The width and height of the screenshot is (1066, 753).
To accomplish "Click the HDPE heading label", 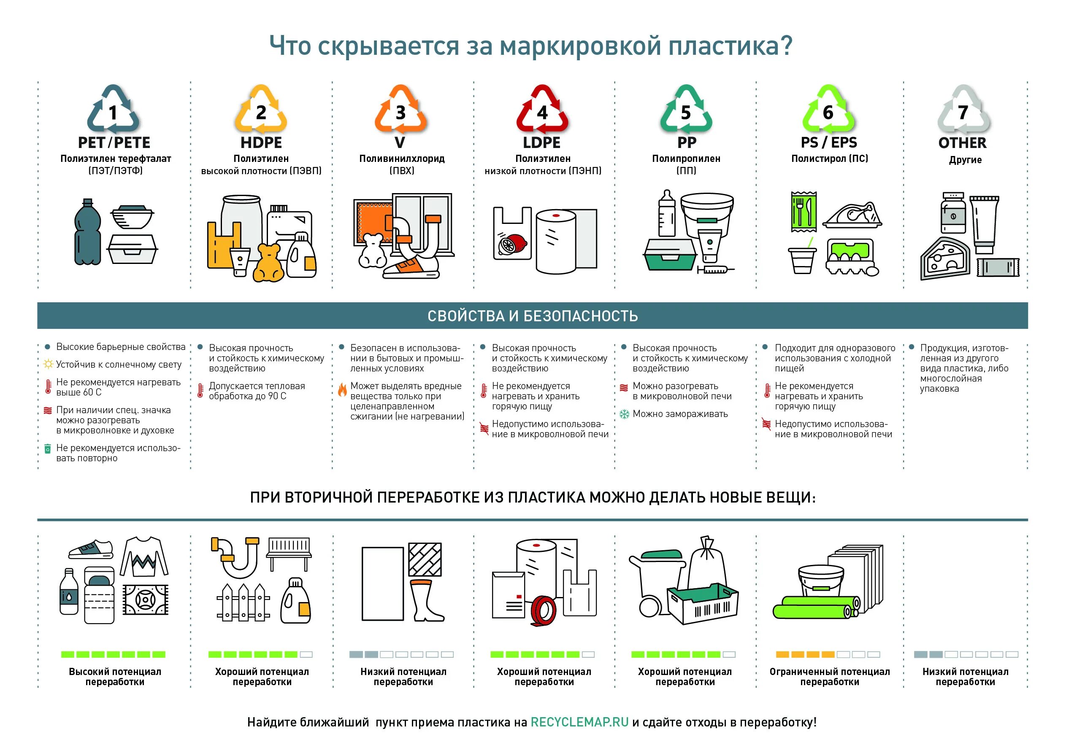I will coord(261,143).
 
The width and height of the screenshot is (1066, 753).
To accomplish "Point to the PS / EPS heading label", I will coord(829,143).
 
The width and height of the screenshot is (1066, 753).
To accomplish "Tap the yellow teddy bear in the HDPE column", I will coord(268,263).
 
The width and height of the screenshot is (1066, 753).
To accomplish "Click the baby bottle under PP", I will coord(667,214).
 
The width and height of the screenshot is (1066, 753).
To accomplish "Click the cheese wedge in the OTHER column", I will coord(945,259).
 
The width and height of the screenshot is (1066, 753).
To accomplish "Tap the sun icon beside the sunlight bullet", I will coord(48,365).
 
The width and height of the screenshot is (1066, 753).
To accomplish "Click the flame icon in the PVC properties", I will coord(342,390).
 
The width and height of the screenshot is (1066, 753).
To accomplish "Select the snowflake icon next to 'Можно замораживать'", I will coord(625,414).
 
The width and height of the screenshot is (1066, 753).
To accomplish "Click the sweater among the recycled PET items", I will coord(144,557).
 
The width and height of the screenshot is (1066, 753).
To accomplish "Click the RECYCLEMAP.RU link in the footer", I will coord(579,722).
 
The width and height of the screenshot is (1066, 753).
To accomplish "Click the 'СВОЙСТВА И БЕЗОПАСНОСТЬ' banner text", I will coord(533,316).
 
